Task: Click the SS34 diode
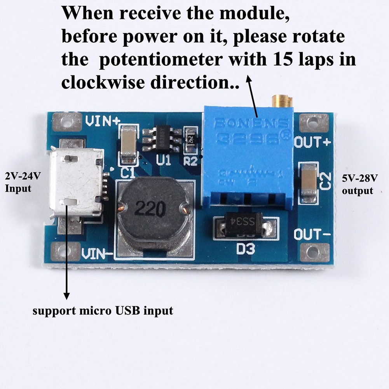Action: tap(247, 227)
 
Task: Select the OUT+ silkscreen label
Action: tap(312, 143)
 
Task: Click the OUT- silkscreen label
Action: tap(312, 235)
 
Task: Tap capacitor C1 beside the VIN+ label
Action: tap(129, 145)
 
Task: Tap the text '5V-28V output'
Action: tap(359, 185)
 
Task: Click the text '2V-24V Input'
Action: tap(23, 182)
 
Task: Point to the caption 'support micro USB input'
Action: tap(103, 311)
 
